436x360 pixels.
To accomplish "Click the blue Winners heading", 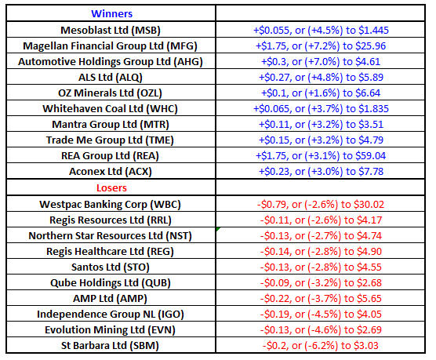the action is [x=112, y=13].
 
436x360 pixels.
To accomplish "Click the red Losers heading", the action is [x=111, y=187].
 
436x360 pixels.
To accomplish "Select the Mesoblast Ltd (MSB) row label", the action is [x=111, y=30].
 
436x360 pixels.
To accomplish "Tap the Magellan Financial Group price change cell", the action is [x=321, y=46].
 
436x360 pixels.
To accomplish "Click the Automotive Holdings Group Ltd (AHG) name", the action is [x=111, y=61].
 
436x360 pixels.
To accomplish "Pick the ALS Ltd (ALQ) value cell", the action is [x=321, y=77].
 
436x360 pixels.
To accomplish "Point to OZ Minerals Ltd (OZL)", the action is [x=110, y=93].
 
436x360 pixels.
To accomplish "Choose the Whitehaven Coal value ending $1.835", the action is [x=321, y=108].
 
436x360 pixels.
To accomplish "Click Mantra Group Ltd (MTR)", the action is [x=111, y=125].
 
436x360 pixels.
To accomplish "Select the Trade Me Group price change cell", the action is [x=321, y=140].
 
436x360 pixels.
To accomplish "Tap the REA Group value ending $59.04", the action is [x=321, y=155].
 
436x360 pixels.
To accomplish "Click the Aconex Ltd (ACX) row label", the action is [x=111, y=172].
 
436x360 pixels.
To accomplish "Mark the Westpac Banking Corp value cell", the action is [x=321, y=204].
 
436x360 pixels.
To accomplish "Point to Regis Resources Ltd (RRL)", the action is [x=111, y=220].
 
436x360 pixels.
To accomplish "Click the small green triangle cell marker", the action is [x=218, y=229].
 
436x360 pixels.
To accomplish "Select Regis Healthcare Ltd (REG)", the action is [x=110, y=252].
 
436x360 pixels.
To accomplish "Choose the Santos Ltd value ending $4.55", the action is [x=321, y=267].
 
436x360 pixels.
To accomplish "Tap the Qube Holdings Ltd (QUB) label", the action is [x=111, y=282].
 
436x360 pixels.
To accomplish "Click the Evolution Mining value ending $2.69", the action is [x=321, y=329].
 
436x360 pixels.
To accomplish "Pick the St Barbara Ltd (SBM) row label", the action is [x=110, y=346].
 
